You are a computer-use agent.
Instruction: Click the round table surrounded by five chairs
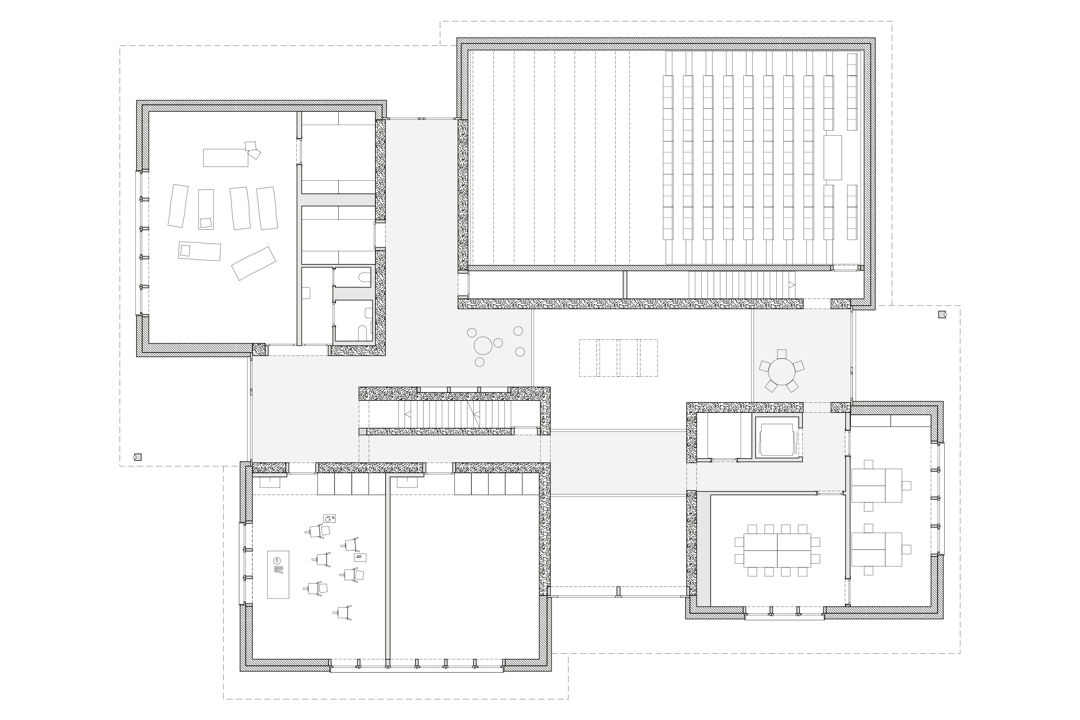click(x=781, y=372)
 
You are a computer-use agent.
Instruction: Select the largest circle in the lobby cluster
click(x=483, y=345)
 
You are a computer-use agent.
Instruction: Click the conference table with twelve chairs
click(x=777, y=550)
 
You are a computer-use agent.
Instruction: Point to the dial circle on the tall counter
click(x=276, y=561)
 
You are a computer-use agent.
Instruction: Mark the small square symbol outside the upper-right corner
click(x=941, y=315)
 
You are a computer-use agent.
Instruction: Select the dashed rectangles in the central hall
click(x=618, y=358)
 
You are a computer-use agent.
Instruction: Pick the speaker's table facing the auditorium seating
click(x=832, y=157)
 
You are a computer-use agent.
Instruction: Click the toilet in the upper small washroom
click(x=365, y=277)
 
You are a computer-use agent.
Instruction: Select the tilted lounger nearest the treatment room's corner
click(x=253, y=263)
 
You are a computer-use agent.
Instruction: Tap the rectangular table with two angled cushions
click(x=225, y=157)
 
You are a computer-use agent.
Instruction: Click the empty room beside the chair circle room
click(x=464, y=574)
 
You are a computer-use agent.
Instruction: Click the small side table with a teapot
click(x=329, y=518)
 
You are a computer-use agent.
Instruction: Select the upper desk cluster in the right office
click(x=877, y=485)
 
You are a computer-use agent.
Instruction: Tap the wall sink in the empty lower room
click(x=407, y=481)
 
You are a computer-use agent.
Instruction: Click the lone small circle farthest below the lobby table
click(x=479, y=362)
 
